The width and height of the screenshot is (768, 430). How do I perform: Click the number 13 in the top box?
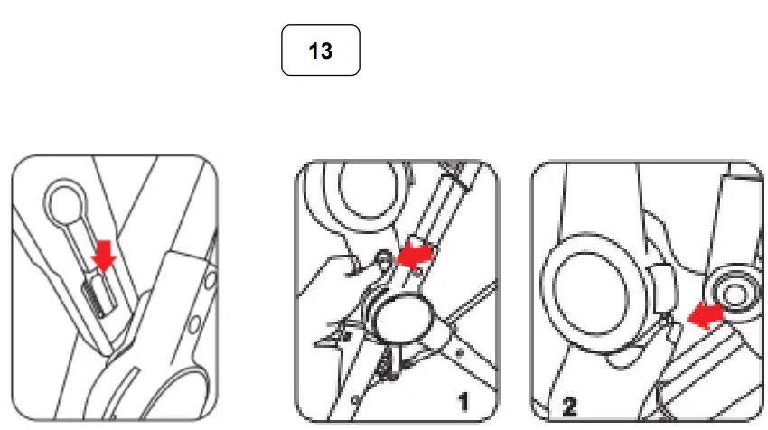(321, 51)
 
